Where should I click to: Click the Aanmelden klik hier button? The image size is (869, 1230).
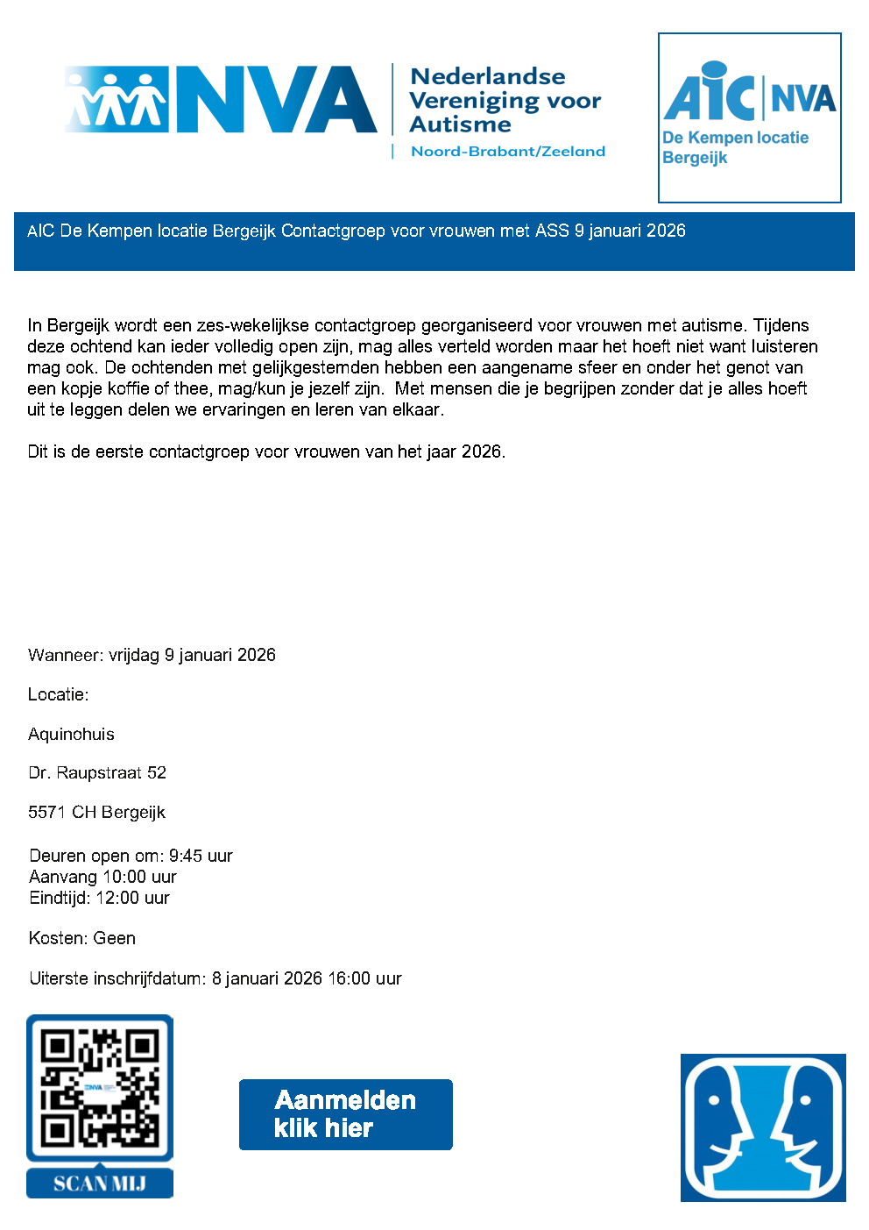click(345, 1114)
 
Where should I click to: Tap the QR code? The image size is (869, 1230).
click(100, 1088)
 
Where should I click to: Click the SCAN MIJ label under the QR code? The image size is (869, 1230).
click(100, 1184)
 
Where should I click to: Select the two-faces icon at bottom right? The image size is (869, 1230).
click(763, 1127)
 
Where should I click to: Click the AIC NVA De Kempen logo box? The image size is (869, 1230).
click(749, 117)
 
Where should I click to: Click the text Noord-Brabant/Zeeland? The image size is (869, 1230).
click(508, 152)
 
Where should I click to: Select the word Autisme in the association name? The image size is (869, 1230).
click(460, 124)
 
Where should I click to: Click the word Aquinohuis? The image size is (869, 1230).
click(71, 734)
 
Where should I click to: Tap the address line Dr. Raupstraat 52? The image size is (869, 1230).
click(97, 772)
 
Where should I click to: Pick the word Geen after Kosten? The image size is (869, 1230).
click(115, 938)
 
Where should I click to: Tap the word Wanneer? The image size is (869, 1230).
click(66, 655)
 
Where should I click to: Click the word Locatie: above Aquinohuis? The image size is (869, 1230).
click(59, 694)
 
